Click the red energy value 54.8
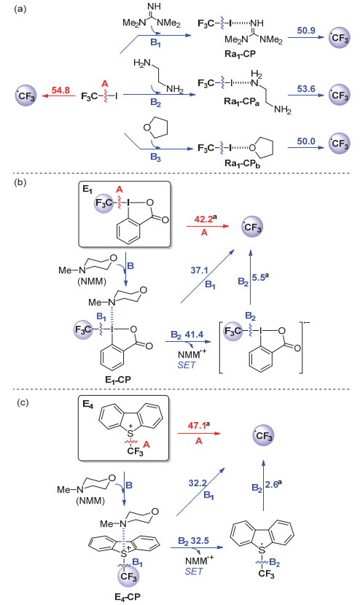pos(60,90)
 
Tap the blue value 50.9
pos(306,31)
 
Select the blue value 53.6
pos(306,89)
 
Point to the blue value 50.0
pos(306,141)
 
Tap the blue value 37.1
pos(199,270)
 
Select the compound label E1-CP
pos(117,380)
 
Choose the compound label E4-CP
pos(128,597)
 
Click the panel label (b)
pos(20,182)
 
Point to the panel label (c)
pos(23,403)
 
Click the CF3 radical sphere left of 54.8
pos(26,96)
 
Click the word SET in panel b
pos(187,364)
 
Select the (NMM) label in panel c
pos(90,501)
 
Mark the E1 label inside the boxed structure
pos(87,190)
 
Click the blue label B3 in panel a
pos(155,157)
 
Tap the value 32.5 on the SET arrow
pos(199,541)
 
